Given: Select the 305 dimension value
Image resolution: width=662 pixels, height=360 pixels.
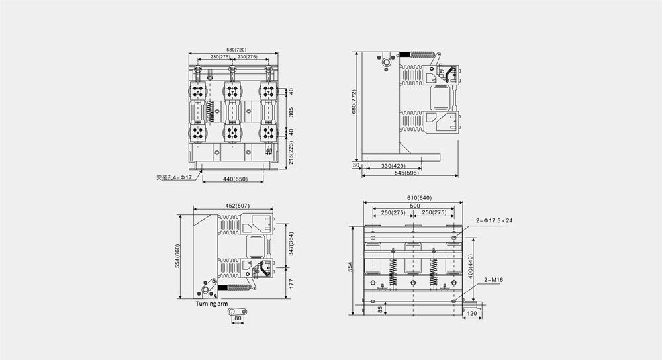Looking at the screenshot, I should point(291,112).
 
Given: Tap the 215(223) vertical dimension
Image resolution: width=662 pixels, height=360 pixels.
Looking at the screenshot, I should point(291,154).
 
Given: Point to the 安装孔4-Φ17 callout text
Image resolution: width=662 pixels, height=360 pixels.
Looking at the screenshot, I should point(173,177).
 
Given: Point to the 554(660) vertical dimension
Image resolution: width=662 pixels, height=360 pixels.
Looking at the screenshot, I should point(177,257).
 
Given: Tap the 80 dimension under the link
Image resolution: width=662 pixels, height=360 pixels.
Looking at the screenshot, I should point(237,318).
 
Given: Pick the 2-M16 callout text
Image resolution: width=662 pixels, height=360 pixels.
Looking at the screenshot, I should point(495,281).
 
